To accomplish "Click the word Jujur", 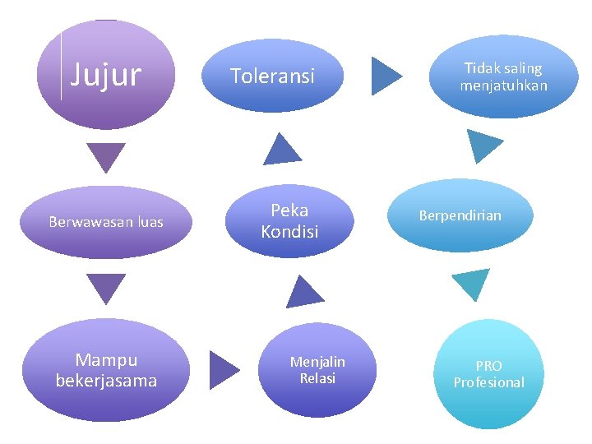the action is [x=106, y=75].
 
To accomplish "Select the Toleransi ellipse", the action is [x=272, y=76].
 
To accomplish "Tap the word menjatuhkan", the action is [x=503, y=86].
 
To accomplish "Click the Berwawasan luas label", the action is [x=106, y=222].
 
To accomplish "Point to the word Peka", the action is [x=289, y=211].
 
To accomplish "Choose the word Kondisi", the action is [x=289, y=232].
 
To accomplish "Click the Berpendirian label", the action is [x=460, y=215].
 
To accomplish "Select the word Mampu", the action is [x=106, y=360].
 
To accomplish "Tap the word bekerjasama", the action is [x=106, y=381].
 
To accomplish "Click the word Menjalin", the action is [x=317, y=362].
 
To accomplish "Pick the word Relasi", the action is [x=317, y=378].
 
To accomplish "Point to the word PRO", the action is [x=488, y=366].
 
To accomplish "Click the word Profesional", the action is [x=488, y=382].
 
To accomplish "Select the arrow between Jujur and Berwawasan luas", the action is [x=107, y=155].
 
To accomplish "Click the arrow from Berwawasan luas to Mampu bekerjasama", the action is [x=107, y=287].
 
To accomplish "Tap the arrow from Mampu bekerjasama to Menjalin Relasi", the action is [x=222, y=370].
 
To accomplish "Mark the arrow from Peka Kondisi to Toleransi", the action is [x=281, y=150].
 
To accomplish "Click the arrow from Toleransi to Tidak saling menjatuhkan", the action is [x=385, y=76].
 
